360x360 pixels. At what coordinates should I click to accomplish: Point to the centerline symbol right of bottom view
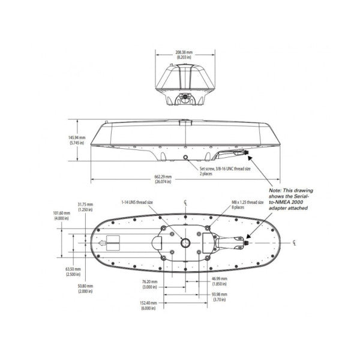(294, 243)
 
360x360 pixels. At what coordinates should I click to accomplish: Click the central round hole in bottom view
(186, 243)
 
